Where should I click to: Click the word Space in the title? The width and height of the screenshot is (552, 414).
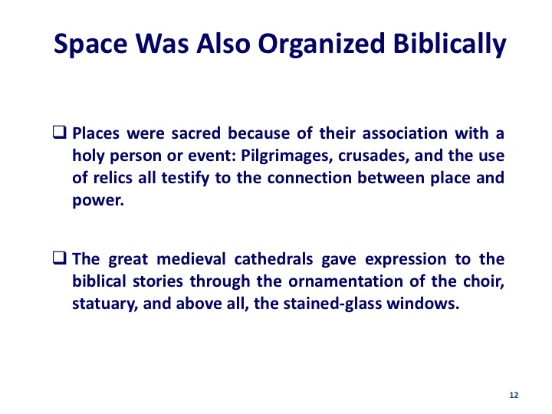point(90,44)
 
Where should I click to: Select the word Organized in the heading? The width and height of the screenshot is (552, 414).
point(321,44)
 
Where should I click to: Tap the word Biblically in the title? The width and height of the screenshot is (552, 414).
point(449,44)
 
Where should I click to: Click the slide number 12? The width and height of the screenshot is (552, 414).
point(514,395)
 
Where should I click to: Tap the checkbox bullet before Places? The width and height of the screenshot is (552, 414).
point(59,133)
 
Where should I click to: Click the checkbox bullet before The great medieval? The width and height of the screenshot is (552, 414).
point(59,258)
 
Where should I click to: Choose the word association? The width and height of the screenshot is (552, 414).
point(405,133)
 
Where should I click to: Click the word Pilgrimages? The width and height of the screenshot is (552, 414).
point(287,156)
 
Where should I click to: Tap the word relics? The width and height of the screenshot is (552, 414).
point(113,178)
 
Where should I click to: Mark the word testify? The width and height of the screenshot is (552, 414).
point(186,179)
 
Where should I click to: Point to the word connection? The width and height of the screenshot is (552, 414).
point(310,178)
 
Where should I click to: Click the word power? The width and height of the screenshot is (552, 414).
point(98,201)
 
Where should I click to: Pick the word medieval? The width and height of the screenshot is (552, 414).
point(191,259)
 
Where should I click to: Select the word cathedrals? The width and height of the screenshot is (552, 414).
point(274,259)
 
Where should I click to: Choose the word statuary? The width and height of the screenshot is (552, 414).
point(105,304)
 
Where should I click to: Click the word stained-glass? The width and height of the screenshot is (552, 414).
point(333,304)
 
